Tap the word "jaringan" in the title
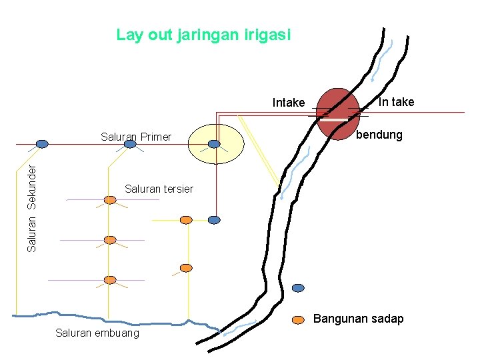(207, 35)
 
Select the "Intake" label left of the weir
(289, 103)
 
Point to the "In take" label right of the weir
(396, 102)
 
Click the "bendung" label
(379, 135)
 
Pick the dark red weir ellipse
(338, 113)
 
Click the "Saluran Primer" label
(136, 137)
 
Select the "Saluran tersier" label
(159, 189)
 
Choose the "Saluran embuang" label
(97, 333)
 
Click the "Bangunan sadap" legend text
(359, 319)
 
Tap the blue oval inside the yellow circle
(214, 143)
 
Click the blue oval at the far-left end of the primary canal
(42, 143)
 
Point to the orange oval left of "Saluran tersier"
(110, 199)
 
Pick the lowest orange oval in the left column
(110, 280)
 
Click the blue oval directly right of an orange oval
(214, 219)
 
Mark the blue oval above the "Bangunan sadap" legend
(298, 288)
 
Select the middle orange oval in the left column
(110, 240)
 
